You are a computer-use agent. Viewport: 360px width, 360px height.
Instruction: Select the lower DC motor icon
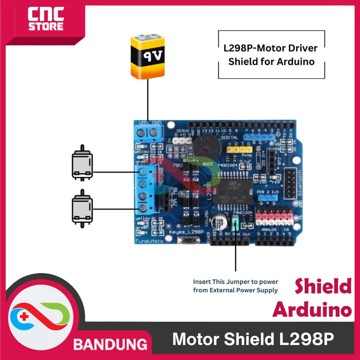(x=82, y=209)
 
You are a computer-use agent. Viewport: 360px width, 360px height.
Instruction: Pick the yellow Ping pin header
(x=239, y=150)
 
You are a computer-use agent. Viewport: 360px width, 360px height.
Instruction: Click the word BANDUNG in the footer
(x=110, y=344)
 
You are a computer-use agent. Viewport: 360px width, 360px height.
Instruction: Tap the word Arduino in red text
(x=312, y=310)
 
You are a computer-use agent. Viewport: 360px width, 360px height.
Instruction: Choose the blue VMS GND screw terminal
(x=148, y=133)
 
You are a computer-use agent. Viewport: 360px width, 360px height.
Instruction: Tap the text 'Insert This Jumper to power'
(x=235, y=282)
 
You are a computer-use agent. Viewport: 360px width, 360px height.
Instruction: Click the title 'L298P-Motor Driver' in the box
(x=270, y=48)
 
